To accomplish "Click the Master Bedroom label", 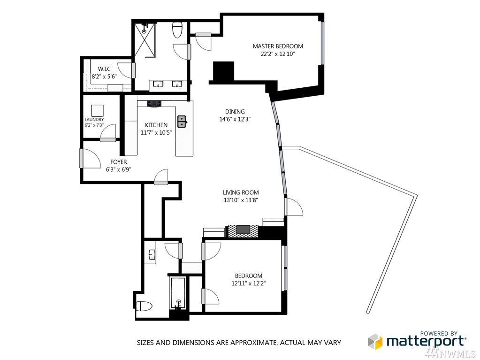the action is point(278,46).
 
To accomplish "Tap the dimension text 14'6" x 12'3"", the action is point(235,119).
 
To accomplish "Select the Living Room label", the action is point(241,192).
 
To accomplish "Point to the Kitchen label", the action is point(156,125).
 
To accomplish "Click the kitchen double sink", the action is point(182,121).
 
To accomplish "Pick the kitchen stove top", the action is point(154,104).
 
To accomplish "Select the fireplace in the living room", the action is point(243,230).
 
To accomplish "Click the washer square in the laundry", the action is point(97,110).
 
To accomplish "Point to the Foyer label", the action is point(118,162).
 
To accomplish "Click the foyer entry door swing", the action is point(91,158).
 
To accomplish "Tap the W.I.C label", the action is point(104,69).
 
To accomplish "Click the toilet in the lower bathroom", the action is point(145,306).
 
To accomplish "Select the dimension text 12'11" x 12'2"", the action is point(248,283).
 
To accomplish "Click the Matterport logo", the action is point(417,340).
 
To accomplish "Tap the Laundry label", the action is point(94,120).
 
